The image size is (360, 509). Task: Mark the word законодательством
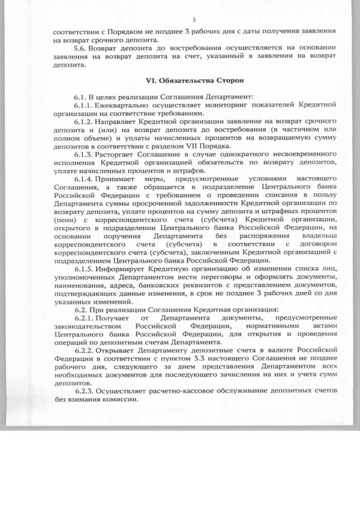point(87,326)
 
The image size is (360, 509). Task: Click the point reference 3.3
point(208,358)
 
